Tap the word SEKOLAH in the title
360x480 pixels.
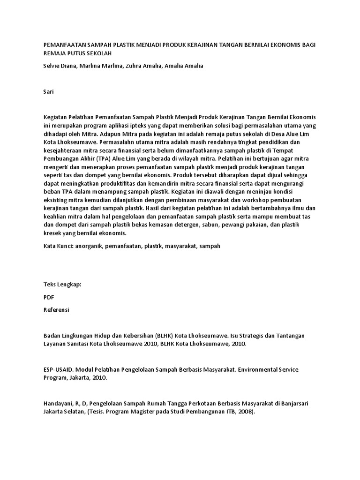tap(101, 53)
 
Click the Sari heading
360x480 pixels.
tap(48, 92)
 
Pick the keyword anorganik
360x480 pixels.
tap(89, 246)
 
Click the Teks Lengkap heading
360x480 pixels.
tap(62, 285)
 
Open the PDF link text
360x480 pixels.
tap(49, 297)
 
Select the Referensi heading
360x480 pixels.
tap(56, 310)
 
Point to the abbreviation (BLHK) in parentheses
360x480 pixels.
tap(160, 336)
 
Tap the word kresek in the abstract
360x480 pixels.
tap(52, 233)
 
